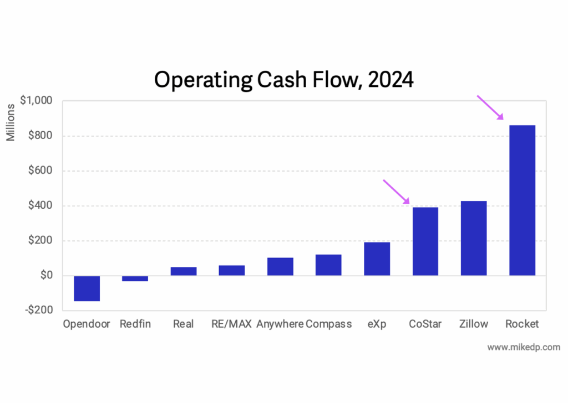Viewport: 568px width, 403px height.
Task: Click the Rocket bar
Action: [x=522, y=200]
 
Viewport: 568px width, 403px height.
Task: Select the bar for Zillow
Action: [x=474, y=238]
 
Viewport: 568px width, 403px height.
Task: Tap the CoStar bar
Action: [x=425, y=241]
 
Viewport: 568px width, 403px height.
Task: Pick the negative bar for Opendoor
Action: [x=87, y=288]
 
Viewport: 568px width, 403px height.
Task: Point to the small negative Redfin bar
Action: [x=135, y=278]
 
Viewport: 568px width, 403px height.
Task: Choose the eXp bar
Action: [x=377, y=259]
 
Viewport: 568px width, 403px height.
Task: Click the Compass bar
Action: [x=328, y=265]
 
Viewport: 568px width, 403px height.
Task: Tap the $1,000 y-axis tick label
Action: [x=35, y=101]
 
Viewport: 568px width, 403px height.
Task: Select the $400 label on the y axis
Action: [x=39, y=206]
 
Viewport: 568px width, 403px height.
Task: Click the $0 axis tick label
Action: [x=44, y=276]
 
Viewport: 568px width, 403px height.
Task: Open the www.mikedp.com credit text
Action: [x=524, y=348]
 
